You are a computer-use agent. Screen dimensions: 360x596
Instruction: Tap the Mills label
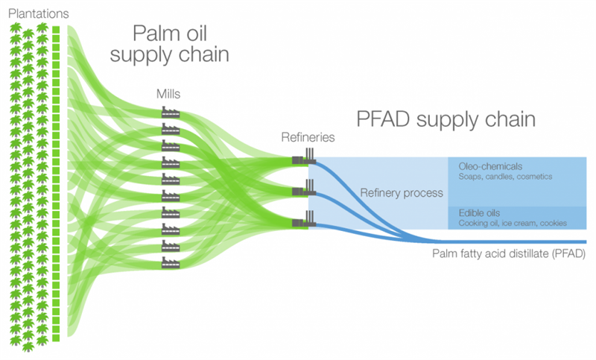[x=168, y=95]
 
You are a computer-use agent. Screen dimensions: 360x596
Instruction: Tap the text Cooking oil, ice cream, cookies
[x=513, y=224]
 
